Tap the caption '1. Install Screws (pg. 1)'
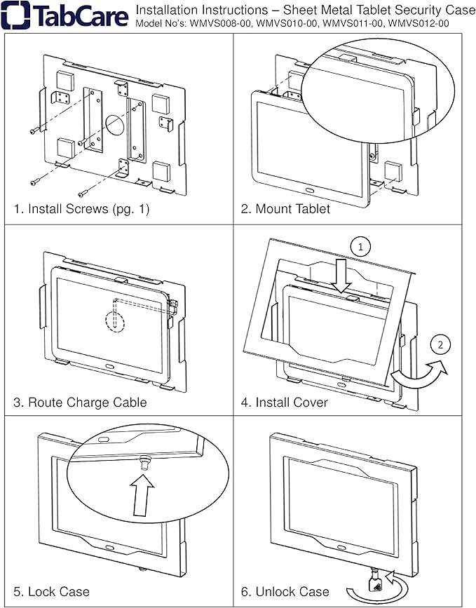81,209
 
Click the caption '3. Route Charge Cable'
80,402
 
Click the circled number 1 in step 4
359,248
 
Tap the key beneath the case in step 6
376,577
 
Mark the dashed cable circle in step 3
114,319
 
